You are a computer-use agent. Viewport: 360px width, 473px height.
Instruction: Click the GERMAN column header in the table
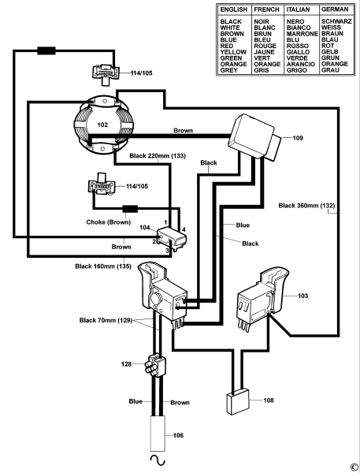click(335, 9)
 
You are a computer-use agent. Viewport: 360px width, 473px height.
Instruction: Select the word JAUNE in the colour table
click(264, 52)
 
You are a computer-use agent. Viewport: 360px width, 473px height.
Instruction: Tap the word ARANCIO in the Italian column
click(301, 65)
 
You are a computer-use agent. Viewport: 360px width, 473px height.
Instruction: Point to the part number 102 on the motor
click(102, 125)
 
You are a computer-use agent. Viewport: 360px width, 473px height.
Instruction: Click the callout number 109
click(298, 138)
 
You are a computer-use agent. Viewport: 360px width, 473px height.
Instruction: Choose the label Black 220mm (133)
click(158, 156)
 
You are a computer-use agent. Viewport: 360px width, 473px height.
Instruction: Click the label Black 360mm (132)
click(306, 206)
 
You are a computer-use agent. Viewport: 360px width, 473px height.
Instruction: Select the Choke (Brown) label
click(109, 222)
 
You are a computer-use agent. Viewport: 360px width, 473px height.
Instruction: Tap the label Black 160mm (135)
click(103, 266)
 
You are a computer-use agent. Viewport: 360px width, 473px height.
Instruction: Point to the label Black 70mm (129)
click(106, 320)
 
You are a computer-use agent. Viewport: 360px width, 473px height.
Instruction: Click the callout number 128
click(126, 364)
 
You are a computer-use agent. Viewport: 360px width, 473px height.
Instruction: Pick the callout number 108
click(269, 400)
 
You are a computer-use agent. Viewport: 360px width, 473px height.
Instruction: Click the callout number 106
click(178, 435)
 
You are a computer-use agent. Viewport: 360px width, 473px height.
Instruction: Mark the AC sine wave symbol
click(158, 460)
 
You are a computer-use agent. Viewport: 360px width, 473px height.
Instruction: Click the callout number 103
click(302, 296)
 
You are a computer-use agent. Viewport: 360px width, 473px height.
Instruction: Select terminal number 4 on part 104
click(184, 230)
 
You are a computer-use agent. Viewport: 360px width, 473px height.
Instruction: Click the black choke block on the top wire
click(46, 50)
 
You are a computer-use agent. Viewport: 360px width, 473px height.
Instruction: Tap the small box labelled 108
click(238, 402)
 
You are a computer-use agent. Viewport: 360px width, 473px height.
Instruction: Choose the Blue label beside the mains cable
click(135, 401)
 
